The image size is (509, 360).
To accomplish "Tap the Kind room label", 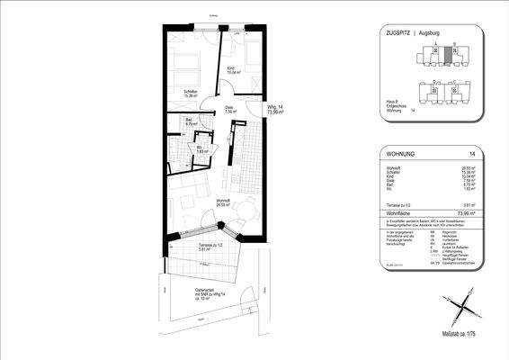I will click(x=231, y=70).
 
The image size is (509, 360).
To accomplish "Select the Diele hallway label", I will click(x=230, y=111).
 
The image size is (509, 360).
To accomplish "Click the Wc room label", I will click(x=202, y=150).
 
